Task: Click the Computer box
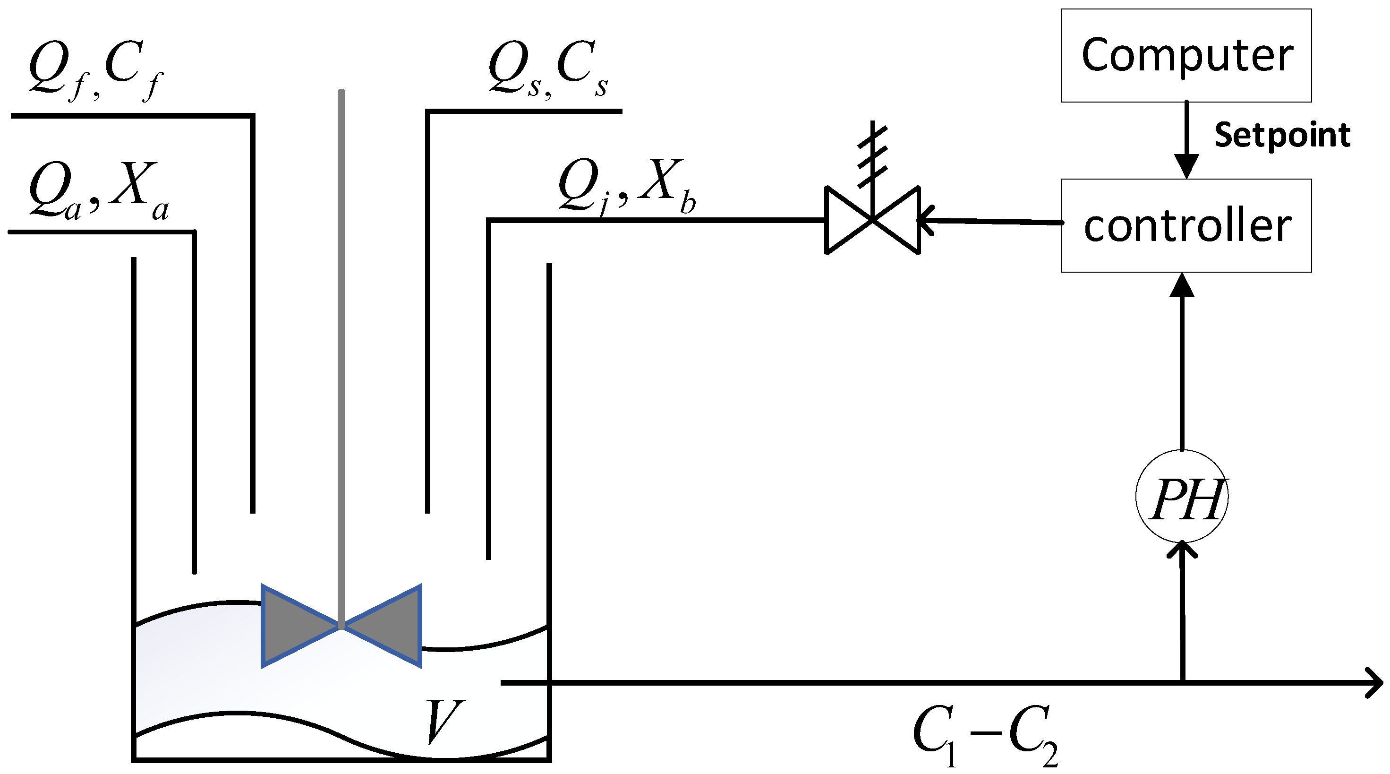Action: pyautogui.click(x=1186, y=56)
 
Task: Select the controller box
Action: pyautogui.click(x=1186, y=225)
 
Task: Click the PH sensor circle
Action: pyautogui.click(x=1182, y=496)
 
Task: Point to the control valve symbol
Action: pyautogui.click(x=872, y=220)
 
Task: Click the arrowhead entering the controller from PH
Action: pyautogui.click(x=1182, y=286)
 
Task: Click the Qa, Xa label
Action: pyautogui.click(x=98, y=190)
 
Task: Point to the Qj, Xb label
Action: pyautogui.click(x=626, y=186)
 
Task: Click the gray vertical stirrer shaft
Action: pyautogui.click(x=341, y=351)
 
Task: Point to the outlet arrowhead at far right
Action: pyautogui.click(x=1373, y=683)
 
